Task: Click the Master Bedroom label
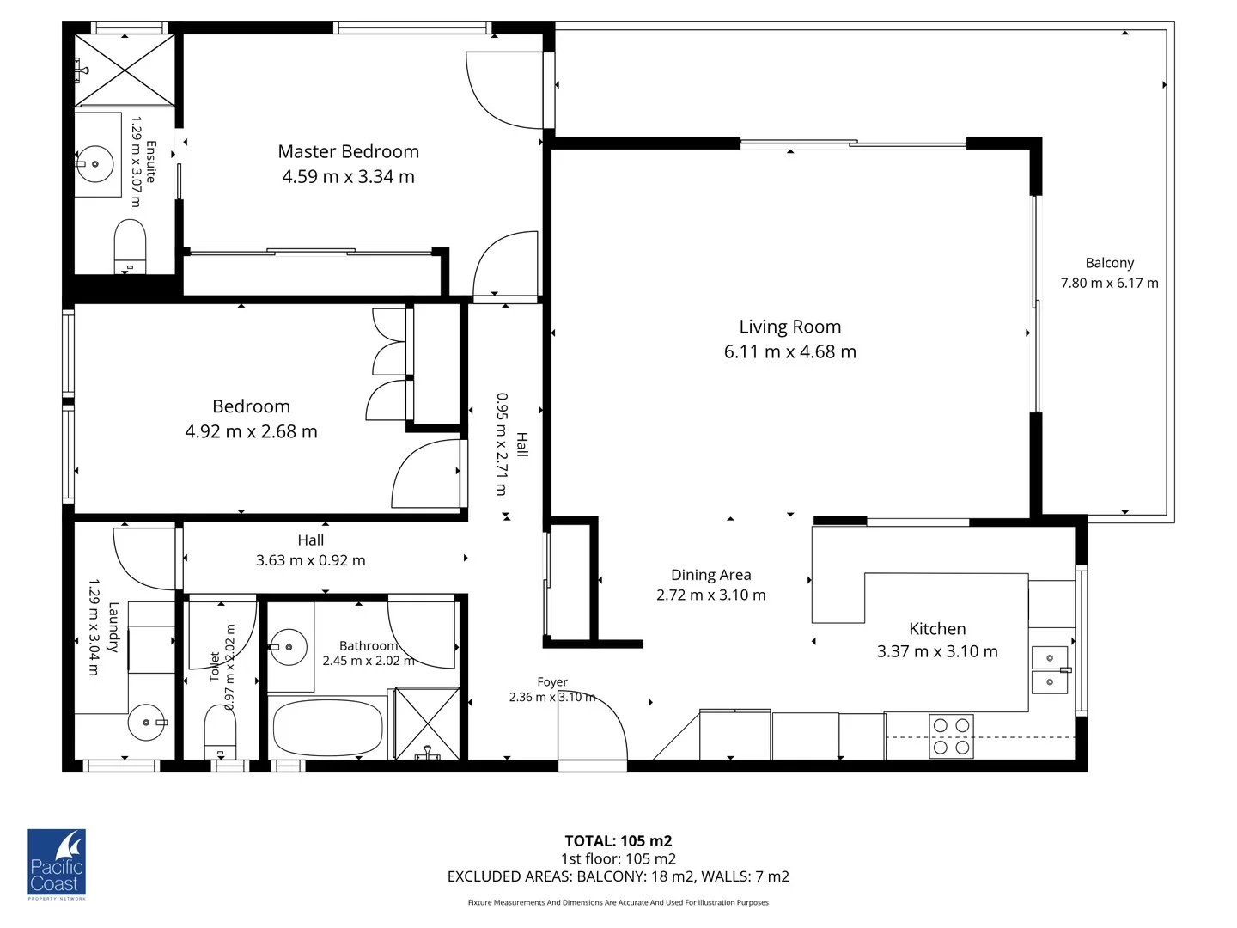click(348, 152)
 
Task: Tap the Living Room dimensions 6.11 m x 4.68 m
click(789, 351)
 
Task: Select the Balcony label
click(1109, 263)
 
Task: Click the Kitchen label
click(937, 629)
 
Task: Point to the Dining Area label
click(710, 575)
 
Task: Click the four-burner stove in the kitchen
click(951, 736)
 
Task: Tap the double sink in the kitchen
click(1049, 670)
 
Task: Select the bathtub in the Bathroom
click(327, 728)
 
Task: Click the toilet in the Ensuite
click(130, 245)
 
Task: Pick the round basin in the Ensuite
click(94, 163)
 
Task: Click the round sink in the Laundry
click(146, 723)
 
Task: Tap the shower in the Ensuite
click(125, 70)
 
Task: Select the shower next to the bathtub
click(427, 723)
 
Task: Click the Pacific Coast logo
click(57, 864)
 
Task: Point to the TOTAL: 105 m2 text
click(618, 841)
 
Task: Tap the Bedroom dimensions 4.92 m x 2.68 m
click(251, 431)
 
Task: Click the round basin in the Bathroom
click(289, 647)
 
